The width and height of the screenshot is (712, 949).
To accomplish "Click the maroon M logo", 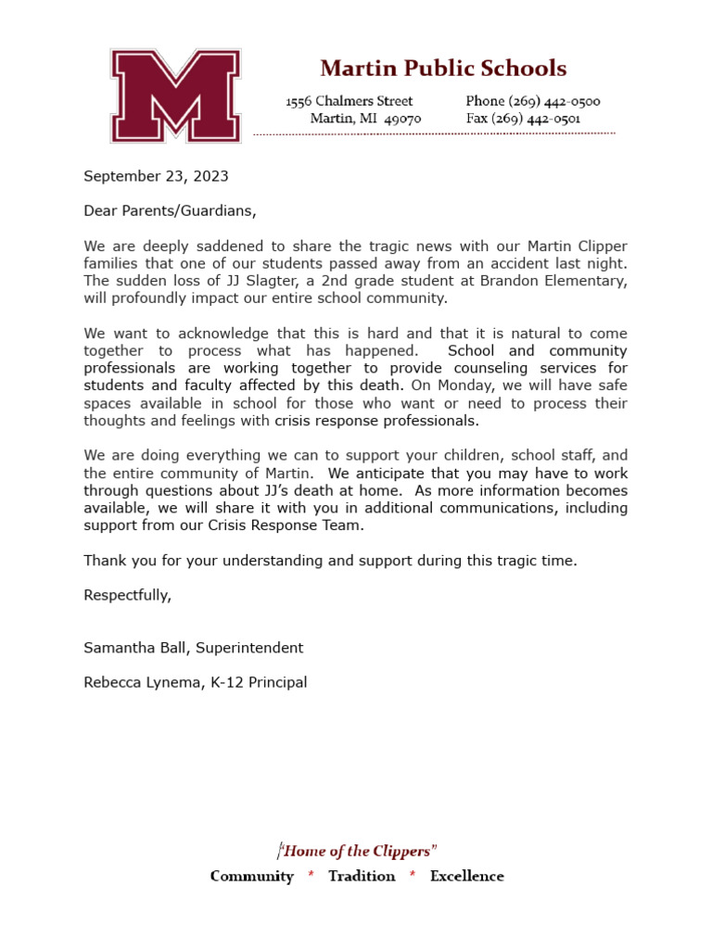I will (175, 95).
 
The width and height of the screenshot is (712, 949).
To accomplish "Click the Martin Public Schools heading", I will (443, 69).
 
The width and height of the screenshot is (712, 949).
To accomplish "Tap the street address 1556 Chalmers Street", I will (350, 101).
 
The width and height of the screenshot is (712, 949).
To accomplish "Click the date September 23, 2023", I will (156, 176).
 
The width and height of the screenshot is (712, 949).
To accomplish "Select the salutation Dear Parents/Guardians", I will (170, 211).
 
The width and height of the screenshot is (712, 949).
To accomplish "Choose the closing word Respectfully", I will (127, 596).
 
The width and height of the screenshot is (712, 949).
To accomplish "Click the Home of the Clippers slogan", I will (358, 851).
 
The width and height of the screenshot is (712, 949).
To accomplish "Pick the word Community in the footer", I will (251, 877).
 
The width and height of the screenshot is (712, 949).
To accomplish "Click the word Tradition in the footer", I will (362, 877).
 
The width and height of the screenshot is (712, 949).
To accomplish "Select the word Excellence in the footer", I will (466, 877).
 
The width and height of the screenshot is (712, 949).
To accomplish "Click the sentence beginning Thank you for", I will (330, 561).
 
